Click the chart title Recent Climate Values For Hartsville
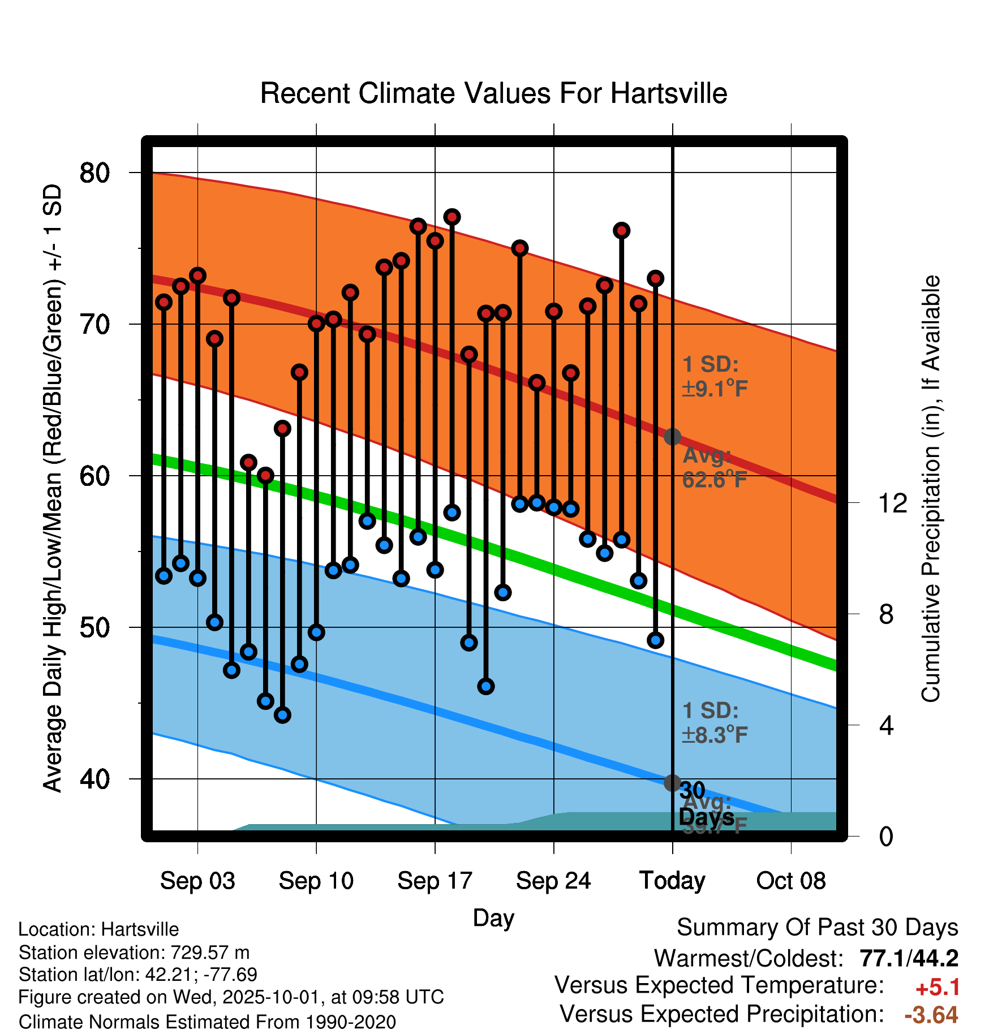point(493,93)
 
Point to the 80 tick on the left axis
point(94,173)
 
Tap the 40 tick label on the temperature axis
point(94,779)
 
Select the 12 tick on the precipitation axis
point(893,503)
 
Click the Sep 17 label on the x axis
point(435,881)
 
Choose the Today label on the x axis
point(672,881)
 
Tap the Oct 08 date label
point(791,881)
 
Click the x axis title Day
point(493,918)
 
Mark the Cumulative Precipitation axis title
point(931,489)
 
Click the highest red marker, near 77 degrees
point(452,217)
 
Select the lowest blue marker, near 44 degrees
point(282,715)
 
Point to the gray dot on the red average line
point(672,437)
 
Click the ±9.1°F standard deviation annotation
point(715,389)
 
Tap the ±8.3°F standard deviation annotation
point(715,735)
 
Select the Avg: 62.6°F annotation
point(714,468)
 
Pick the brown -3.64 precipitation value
point(931,1015)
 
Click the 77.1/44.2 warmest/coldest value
point(909,959)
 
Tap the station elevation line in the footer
point(134,953)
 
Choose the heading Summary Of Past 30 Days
point(817,928)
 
